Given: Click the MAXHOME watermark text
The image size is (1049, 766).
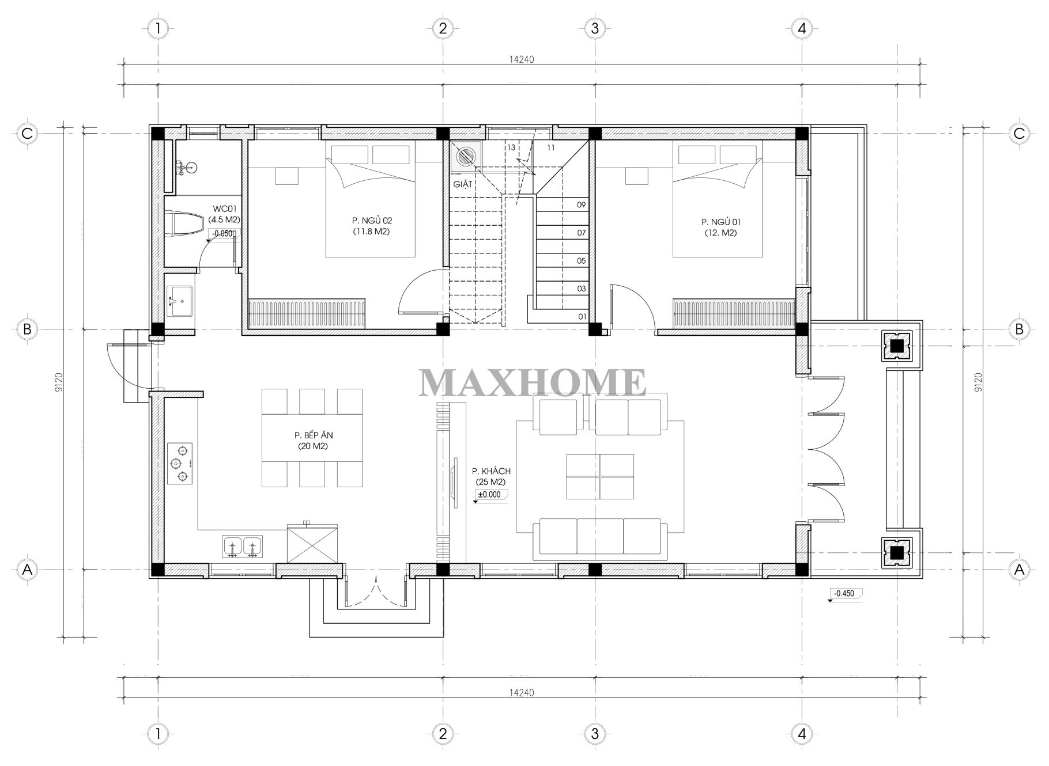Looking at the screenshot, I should coord(531,382).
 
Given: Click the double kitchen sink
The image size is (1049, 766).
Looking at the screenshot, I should coord(242,546).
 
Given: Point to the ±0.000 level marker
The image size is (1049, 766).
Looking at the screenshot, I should coord(489,495).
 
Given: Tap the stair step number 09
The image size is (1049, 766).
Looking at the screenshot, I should coord(581,205).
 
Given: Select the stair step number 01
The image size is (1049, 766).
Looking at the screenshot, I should coord(582,317).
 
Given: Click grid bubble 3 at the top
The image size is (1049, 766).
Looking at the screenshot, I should coord(595,28).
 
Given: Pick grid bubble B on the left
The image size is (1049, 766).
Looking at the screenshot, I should coord(27,329).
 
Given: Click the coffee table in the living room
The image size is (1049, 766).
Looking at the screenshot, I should coord(599,476).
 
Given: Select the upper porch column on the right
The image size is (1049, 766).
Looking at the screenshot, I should coord(896,346).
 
